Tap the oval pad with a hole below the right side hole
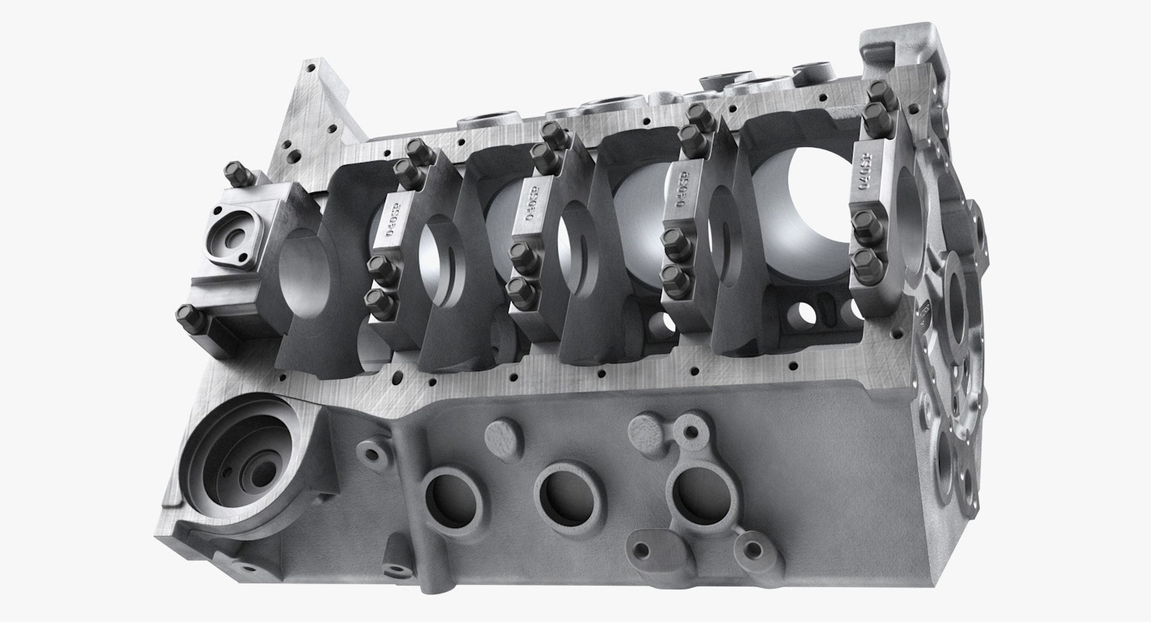click(656, 546)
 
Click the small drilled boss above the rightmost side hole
click(694, 428)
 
